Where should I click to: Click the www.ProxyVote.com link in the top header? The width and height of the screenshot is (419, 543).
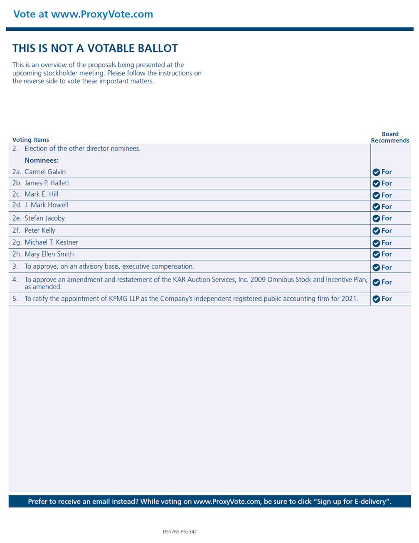pyautogui.click(x=102, y=14)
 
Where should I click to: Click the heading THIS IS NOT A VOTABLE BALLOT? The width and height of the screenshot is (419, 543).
pyautogui.click(x=95, y=49)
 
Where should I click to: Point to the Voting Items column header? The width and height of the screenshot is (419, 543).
pyautogui.click(x=31, y=140)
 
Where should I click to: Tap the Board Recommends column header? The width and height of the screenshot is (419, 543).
pyautogui.click(x=390, y=137)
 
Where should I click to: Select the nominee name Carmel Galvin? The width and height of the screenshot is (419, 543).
pyautogui.click(x=45, y=172)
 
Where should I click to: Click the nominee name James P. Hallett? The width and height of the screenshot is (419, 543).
pyautogui.click(x=47, y=183)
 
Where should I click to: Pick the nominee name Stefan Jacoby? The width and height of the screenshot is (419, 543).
pyautogui.click(x=44, y=218)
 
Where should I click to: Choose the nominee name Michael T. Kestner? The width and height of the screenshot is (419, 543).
pyautogui.click(x=51, y=242)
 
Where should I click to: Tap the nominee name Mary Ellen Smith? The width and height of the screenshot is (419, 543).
pyautogui.click(x=49, y=254)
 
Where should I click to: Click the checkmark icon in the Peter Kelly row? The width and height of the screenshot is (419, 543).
pyautogui.click(x=376, y=231)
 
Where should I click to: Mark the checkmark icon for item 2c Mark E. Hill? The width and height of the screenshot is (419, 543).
pyautogui.click(x=376, y=195)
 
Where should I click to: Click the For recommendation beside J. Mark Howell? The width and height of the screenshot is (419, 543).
pyautogui.click(x=387, y=207)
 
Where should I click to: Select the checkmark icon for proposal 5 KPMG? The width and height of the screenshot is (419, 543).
pyautogui.click(x=376, y=299)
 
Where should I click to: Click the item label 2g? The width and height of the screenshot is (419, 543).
pyautogui.click(x=17, y=242)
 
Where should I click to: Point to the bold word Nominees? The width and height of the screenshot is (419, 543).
pyautogui.click(x=42, y=160)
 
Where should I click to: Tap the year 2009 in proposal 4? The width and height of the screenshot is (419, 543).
pyautogui.click(x=258, y=279)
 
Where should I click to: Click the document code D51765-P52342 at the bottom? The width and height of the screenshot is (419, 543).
pyautogui.click(x=180, y=531)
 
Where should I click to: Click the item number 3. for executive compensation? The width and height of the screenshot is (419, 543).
pyautogui.click(x=15, y=267)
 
